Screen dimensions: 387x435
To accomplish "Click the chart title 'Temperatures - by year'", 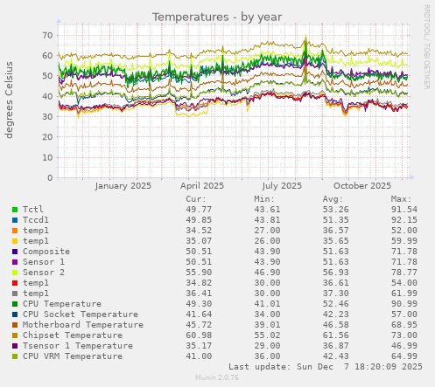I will coord(217,17).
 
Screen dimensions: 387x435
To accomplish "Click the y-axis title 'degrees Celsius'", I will coord(11,100).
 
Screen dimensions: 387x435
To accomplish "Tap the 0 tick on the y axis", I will coord(49,178).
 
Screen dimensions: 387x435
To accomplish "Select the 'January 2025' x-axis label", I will coord(123,185).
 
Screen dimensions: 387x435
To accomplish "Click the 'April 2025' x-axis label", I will coord(202,185).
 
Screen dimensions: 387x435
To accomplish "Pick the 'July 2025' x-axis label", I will coord(282,185).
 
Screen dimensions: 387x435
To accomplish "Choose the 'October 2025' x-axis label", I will coord(361,185).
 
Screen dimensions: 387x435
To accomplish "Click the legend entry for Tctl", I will coord(33,210).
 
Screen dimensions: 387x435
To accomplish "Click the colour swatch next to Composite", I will coord(15,252).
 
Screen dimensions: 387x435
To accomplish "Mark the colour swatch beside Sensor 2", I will coord(15,273).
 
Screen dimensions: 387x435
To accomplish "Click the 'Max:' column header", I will coord(402,199).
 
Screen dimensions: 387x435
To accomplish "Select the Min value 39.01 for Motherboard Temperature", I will coord(268,325).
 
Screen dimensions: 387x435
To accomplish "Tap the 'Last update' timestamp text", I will coord(325,367).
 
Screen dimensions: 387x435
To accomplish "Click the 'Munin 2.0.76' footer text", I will coord(217,378).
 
